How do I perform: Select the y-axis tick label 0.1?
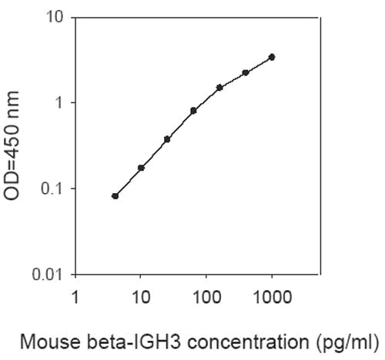50,188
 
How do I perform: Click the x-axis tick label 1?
75,296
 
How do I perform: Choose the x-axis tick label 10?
140,296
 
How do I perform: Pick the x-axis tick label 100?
206,296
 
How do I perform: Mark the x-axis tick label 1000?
272,296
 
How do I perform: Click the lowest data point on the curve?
115,196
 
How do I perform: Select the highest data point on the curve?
272,57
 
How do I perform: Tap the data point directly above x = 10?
141,168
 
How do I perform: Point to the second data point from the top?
246,72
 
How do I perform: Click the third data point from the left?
167,139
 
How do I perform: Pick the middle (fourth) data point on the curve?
193,111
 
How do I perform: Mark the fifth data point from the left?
219,88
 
